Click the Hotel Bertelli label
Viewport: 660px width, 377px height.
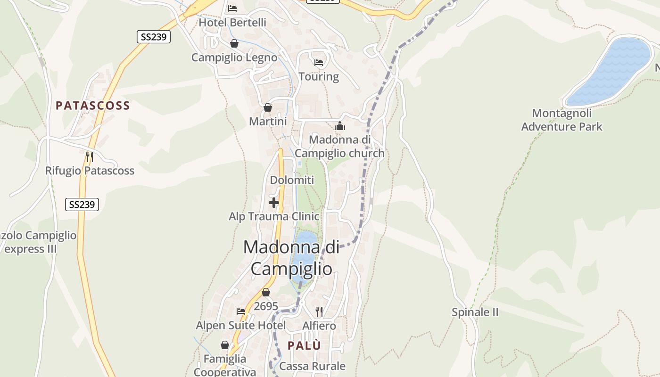click(x=232, y=23)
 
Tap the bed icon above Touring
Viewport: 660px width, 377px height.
click(x=319, y=63)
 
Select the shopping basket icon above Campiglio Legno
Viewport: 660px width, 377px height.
click(x=234, y=44)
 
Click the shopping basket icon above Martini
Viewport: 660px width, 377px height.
click(x=268, y=108)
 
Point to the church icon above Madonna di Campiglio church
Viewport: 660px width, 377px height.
click(x=340, y=126)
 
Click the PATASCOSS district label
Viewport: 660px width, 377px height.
click(x=93, y=106)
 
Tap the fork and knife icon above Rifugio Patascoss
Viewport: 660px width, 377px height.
click(x=90, y=156)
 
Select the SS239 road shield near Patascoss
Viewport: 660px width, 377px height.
click(x=154, y=37)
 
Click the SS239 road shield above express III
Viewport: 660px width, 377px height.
click(x=82, y=205)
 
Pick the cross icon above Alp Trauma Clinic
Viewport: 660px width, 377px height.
click(x=274, y=203)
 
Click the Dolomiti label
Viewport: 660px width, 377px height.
click(x=292, y=180)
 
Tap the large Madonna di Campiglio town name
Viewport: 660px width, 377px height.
click(x=291, y=258)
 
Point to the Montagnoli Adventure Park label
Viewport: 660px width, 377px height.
click(x=562, y=120)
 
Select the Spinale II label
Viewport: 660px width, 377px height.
click(x=475, y=312)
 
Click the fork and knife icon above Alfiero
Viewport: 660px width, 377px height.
click(x=319, y=311)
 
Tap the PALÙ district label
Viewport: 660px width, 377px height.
click(x=304, y=345)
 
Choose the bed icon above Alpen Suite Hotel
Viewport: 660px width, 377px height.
click(x=241, y=311)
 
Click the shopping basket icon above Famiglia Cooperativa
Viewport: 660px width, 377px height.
click(x=225, y=345)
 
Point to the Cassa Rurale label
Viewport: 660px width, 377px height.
click(x=313, y=366)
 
